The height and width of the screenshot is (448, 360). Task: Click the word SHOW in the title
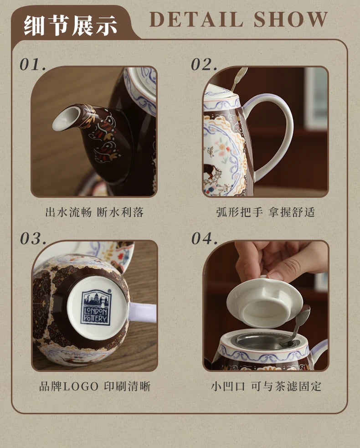tap(291, 20)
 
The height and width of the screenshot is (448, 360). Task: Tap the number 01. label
tap(33, 64)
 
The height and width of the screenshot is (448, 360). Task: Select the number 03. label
tap(33, 238)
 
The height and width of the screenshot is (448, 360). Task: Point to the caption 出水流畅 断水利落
tap(94, 212)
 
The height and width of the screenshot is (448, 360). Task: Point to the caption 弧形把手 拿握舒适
tap(266, 212)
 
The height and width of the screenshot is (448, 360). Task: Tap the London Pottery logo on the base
tap(95, 307)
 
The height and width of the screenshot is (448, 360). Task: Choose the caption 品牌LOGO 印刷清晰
tap(94, 386)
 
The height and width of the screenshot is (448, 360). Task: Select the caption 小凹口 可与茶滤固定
tap(266, 386)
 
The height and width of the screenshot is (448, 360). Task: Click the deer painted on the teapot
tap(211, 171)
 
